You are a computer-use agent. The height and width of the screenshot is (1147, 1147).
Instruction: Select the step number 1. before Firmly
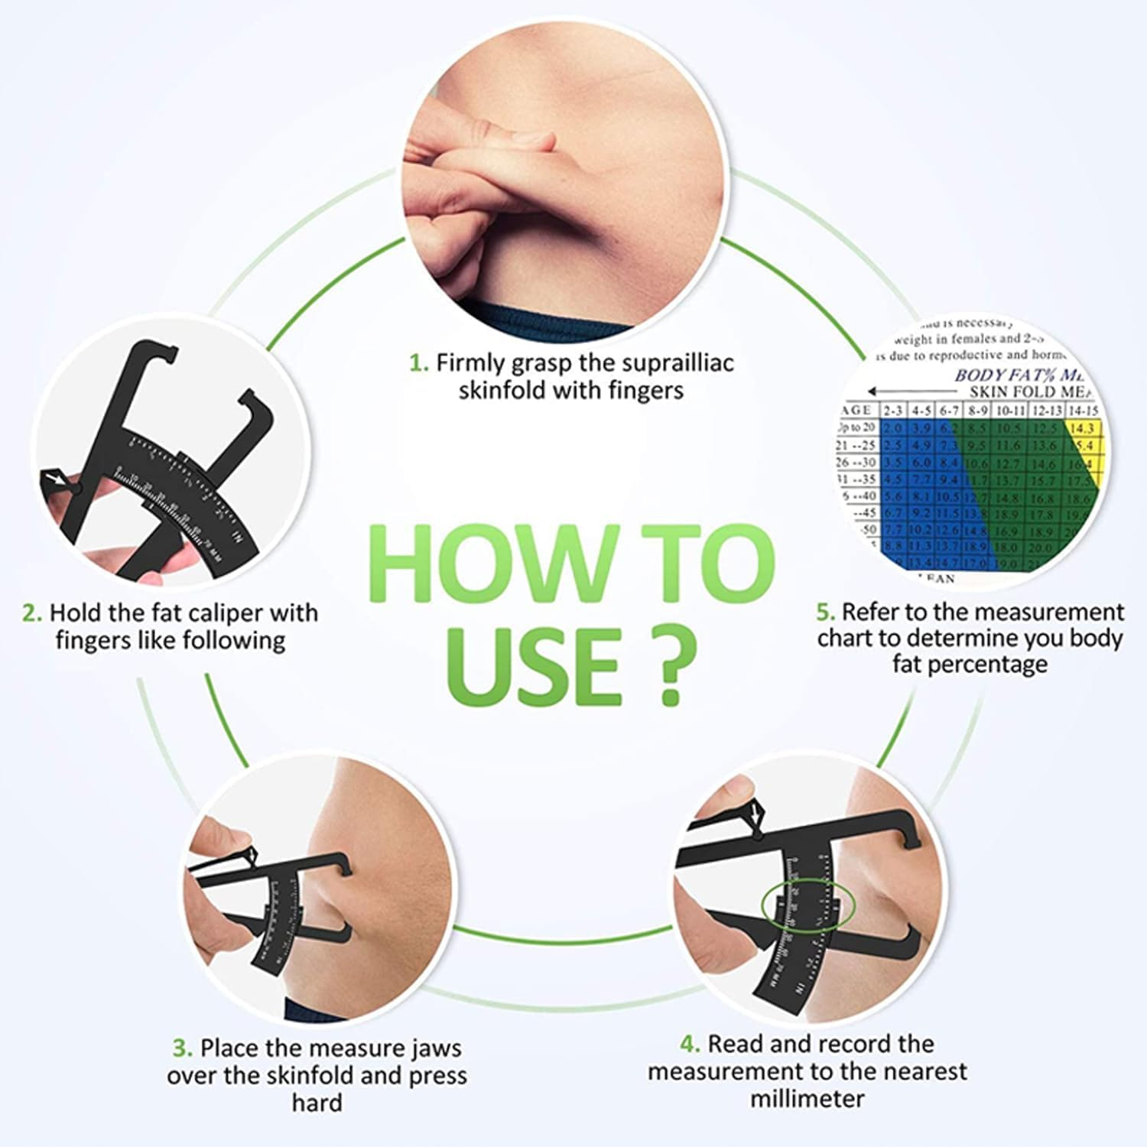(418, 362)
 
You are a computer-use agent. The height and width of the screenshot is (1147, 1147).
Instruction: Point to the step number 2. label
(31, 613)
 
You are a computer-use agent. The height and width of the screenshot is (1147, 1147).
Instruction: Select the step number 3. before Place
(182, 1048)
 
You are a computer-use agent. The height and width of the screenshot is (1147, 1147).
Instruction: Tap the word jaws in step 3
(430, 1048)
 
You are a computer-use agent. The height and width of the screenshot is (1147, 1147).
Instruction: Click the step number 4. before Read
(690, 1044)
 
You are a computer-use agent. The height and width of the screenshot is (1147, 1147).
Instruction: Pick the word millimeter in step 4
(807, 1099)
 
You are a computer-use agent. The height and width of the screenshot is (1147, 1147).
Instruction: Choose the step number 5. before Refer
(825, 612)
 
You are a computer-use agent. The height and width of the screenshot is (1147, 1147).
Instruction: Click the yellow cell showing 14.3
(1082, 428)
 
